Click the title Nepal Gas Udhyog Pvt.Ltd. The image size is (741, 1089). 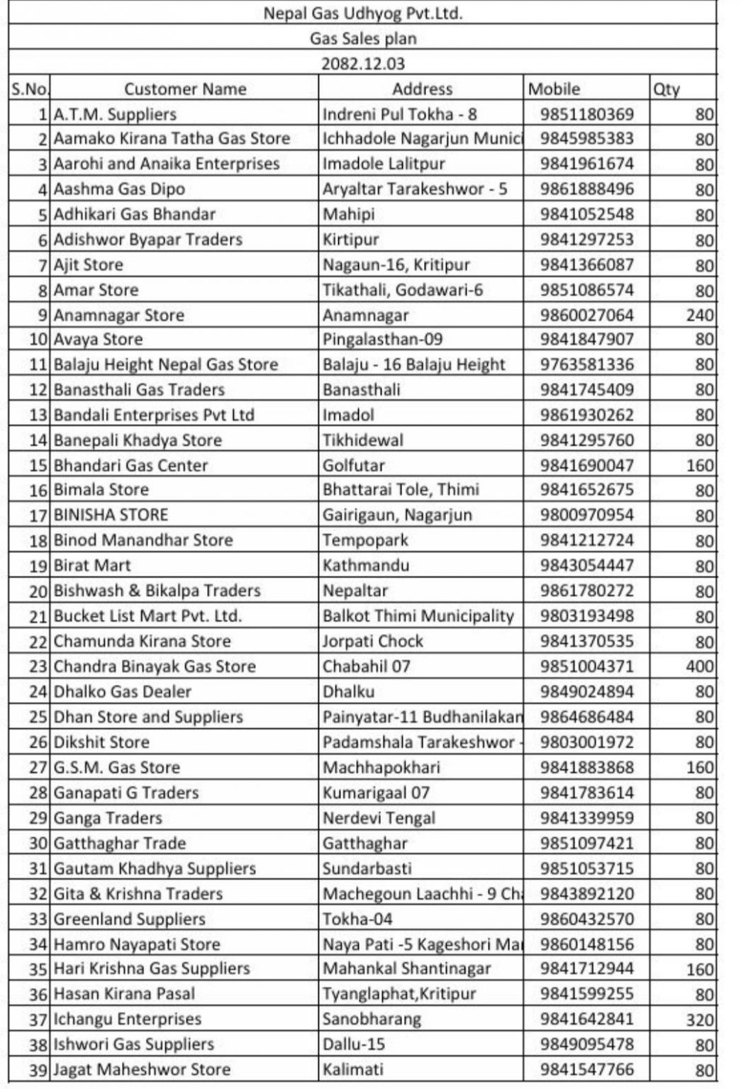(x=362, y=13)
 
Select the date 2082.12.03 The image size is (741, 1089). (x=362, y=64)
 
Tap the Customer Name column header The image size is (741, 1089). (x=185, y=89)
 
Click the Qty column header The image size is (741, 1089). (x=667, y=89)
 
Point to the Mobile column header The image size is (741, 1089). (x=554, y=89)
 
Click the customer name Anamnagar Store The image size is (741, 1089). (x=118, y=315)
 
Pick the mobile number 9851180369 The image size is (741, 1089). (x=586, y=114)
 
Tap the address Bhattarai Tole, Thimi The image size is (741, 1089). (x=401, y=490)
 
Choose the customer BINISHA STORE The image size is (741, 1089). (x=111, y=515)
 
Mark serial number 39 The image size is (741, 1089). (x=38, y=1070)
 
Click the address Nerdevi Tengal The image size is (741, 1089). (x=379, y=818)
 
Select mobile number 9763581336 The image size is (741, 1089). (x=586, y=364)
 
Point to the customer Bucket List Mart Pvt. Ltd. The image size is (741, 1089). (x=147, y=616)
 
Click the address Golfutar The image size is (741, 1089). (x=353, y=466)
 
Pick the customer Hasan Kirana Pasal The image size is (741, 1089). (x=124, y=994)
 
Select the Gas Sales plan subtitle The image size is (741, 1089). (x=362, y=39)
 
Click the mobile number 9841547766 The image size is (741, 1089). (x=586, y=1070)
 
